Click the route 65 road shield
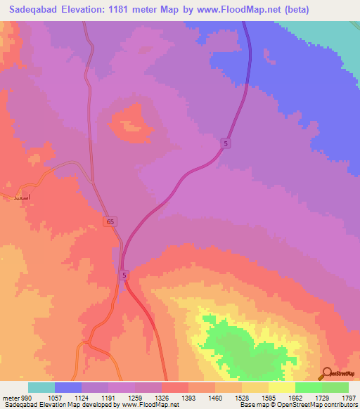tap(112, 221)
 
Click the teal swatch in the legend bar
tap(41, 387)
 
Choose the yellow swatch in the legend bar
tap(281, 387)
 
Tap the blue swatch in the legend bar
tap(68, 387)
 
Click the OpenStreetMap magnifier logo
tap(326, 373)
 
